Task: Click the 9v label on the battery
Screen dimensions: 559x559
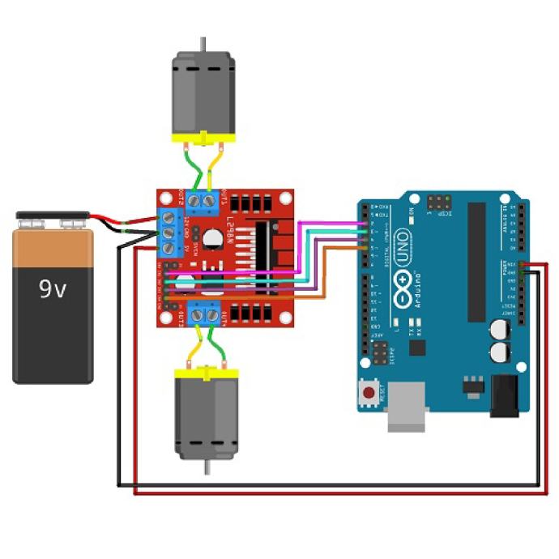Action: coord(53,288)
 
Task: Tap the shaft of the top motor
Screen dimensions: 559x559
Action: coord(202,44)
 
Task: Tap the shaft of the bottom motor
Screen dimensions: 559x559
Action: coord(207,467)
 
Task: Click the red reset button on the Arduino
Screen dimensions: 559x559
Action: coord(369,395)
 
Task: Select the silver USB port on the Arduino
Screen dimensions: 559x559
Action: coord(404,414)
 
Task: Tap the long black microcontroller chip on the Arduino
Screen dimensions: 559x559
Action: coord(476,259)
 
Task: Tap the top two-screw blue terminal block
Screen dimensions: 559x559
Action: coord(203,202)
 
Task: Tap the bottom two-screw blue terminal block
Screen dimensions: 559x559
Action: coord(204,314)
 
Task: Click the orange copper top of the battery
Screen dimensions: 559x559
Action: coord(53,247)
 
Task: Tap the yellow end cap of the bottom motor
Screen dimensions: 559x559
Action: coord(207,371)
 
